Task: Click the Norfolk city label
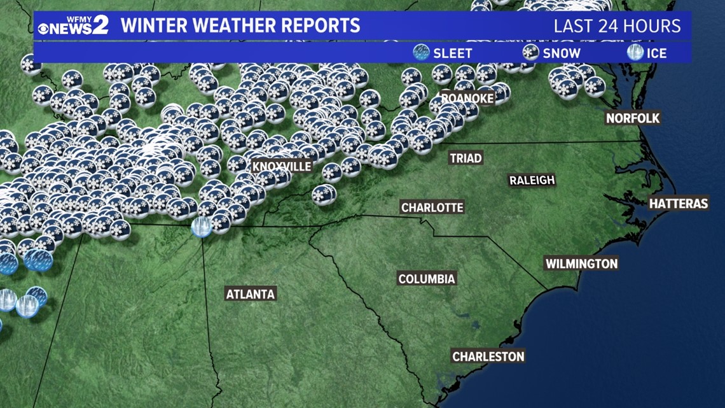[633, 118]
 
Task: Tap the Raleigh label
[532, 180]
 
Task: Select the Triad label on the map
[466, 158]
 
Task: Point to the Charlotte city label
[432, 208]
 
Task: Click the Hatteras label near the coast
[678, 204]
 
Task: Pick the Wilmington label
[581, 264]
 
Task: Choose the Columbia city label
[427, 279]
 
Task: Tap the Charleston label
[488, 356]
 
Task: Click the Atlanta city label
[251, 294]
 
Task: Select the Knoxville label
[282, 167]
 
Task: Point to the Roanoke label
[467, 97]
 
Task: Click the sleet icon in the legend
[421, 53]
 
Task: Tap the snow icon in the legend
[530, 53]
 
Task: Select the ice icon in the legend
[635, 53]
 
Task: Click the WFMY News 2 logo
[72, 26]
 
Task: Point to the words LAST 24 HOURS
[617, 26]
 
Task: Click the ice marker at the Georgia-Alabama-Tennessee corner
[202, 227]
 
